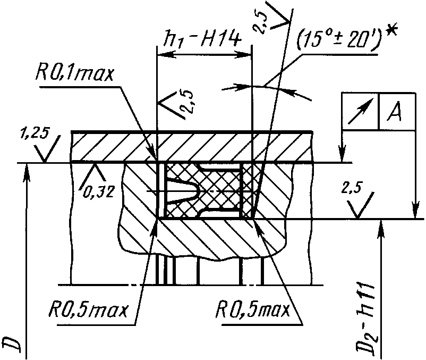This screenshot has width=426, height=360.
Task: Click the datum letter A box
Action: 397,112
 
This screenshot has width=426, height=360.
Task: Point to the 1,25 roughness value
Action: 34,135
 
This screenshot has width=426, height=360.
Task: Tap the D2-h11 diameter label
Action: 366,320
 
